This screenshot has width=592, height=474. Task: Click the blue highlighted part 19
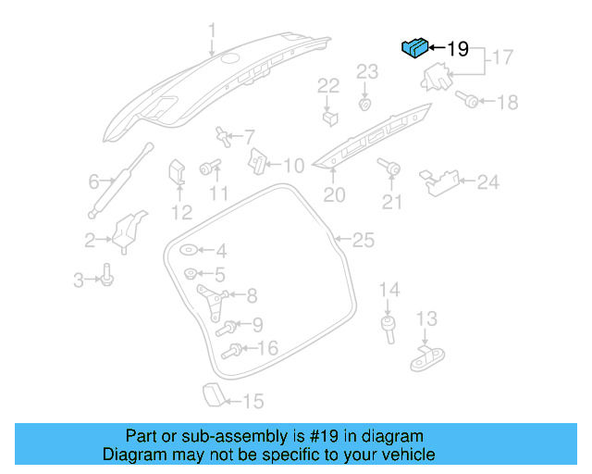[x=413, y=47]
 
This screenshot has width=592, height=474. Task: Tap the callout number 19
[x=459, y=49]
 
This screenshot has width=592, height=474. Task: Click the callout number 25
[x=364, y=241]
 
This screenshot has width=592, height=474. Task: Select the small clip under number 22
[x=328, y=118]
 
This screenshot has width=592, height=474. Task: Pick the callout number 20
[x=334, y=195]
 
